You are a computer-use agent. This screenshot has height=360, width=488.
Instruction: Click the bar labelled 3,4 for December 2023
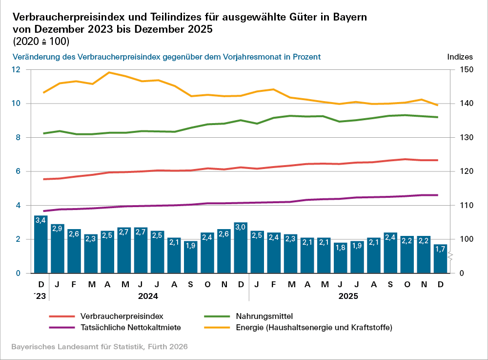pyautogui.click(x=41, y=244)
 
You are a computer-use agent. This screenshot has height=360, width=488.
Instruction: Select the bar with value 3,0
pyautogui.click(x=241, y=248)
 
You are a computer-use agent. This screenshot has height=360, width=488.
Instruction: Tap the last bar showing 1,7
pyautogui.click(x=440, y=258)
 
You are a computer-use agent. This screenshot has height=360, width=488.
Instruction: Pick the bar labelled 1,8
pyautogui.click(x=340, y=257)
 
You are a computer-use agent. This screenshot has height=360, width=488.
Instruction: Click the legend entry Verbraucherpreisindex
pyautogui.click(x=121, y=316)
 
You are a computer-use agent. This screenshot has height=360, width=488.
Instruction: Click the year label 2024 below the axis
pyautogui.click(x=149, y=296)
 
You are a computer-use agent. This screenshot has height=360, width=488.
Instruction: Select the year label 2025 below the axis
pyautogui.click(x=348, y=296)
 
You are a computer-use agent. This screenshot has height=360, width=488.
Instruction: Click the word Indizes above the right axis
pyautogui.click(x=460, y=57)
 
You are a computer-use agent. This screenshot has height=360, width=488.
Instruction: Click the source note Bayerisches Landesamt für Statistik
pyautogui.click(x=99, y=346)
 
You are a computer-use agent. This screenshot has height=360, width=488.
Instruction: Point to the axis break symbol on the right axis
pyautogui.click(x=451, y=256)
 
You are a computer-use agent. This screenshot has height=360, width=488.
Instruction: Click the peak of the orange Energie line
pyautogui.click(x=108, y=72)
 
